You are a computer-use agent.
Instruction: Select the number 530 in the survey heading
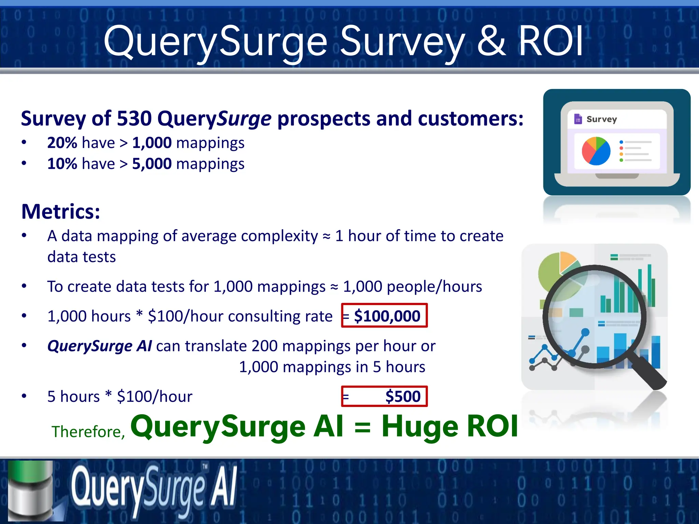click(134, 119)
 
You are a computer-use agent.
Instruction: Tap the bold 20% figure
click(62, 143)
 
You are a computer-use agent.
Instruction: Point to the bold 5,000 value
click(152, 164)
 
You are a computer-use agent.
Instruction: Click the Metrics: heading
click(61, 212)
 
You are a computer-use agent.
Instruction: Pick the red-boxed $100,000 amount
click(387, 316)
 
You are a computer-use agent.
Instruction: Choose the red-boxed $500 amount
click(403, 396)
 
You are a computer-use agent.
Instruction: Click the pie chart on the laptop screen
click(596, 151)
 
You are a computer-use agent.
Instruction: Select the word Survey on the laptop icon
click(601, 119)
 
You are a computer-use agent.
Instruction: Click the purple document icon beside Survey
click(578, 119)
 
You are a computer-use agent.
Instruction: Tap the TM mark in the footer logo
click(205, 466)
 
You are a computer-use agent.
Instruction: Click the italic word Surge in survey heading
click(244, 119)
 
